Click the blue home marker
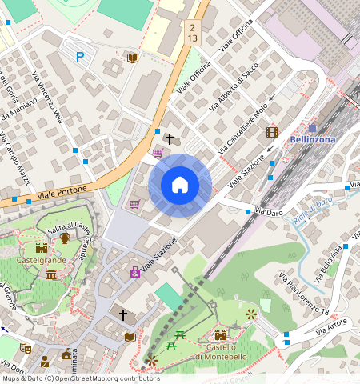(180, 186)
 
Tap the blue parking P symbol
(79, 57)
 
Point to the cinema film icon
(272, 132)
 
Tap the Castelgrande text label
(40, 261)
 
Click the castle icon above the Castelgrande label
(41, 248)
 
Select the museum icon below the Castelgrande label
(51, 275)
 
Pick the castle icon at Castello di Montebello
(221, 334)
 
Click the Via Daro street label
(269, 212)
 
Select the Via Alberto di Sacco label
(234, 88)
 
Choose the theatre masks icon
(25, 349)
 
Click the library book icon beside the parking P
(133, 58)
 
